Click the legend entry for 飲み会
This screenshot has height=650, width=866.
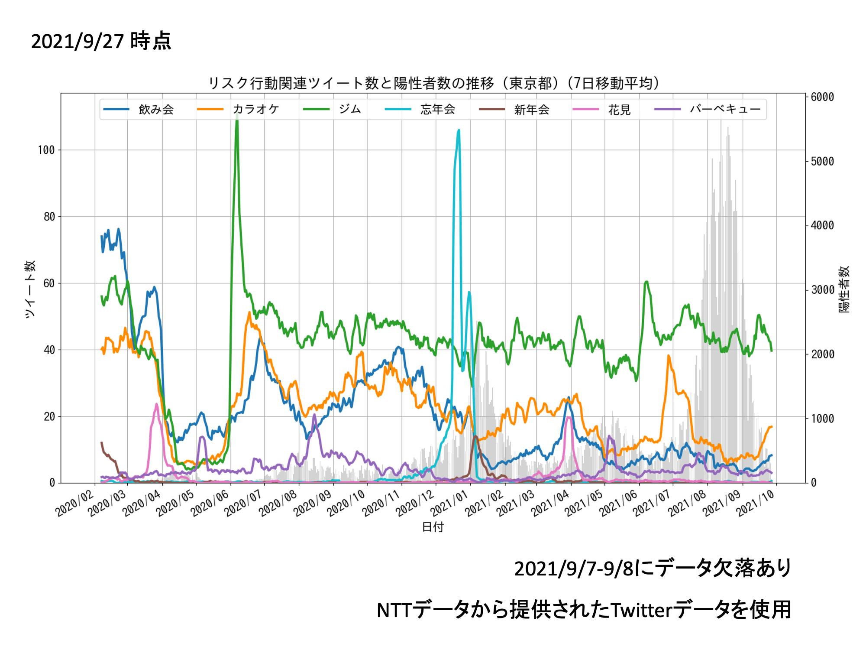click(x=156, y=109)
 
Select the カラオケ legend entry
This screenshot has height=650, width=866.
click(x=255, y=109)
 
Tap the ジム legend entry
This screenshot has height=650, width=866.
click(x=349, y=109)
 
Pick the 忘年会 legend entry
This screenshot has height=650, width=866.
click(x=437, y=109)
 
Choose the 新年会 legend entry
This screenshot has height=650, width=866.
click(x=531, y=109)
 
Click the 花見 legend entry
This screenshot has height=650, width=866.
click(x=619, y=109)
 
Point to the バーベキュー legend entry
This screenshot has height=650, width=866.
click(x=725, y=109)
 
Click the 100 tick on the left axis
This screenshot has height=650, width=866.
click(x=46, y=150)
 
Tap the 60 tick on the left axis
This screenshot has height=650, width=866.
click(x=49, y=283)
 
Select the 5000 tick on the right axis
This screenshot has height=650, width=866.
click(x=822, y=162)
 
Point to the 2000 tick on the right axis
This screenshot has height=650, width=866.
click(x=822, y=354)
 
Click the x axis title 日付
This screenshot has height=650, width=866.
click(x=433, y=527)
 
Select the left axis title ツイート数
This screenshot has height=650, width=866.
click(x=29, y=289)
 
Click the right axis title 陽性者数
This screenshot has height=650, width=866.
click(x=844, y=289)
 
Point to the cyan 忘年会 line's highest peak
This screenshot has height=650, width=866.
click(x=459, y=130)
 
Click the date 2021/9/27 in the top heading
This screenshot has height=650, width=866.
click(x=78, y=42)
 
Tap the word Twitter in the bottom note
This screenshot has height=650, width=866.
click(x=642, y=610)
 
